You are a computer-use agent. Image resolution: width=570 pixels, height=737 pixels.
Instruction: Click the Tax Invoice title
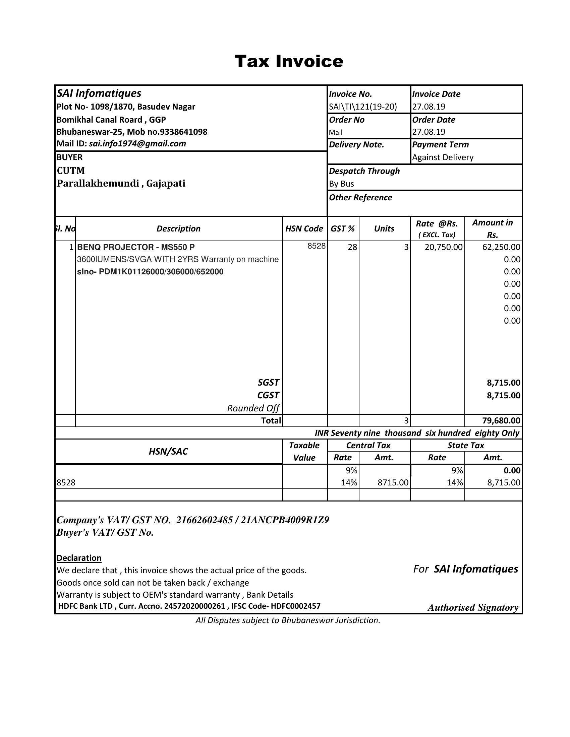coord(289,61)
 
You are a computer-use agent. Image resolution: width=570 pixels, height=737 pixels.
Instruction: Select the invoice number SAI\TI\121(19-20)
coord(363,107)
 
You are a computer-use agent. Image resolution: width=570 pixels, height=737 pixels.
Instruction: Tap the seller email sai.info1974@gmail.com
coord(137,144)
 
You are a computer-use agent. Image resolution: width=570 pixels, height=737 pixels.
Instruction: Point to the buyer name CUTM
coord(71,171)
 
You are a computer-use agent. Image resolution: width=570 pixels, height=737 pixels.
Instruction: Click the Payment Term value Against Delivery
coord(443,157)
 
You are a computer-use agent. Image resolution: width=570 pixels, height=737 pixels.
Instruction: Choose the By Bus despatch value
coord(341,184)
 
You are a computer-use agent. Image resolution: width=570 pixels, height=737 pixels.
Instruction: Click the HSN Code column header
coord(304,229)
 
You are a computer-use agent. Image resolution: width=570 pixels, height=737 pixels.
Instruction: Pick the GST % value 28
coord(352,247)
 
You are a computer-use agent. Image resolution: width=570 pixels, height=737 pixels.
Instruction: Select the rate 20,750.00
coord(443,247)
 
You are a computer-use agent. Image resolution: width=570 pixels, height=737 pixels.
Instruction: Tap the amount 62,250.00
coord(501,247)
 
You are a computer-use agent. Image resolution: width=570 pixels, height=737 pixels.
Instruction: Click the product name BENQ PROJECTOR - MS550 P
coord(136,247)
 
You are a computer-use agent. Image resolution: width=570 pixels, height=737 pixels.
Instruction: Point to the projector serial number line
coord(150,272)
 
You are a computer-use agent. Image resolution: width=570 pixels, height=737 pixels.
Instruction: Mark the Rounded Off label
coord(253,408)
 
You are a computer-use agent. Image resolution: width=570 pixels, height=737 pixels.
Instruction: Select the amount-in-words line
coord(417,433)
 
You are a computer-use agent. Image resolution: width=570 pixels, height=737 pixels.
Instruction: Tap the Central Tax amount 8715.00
coord(393,482)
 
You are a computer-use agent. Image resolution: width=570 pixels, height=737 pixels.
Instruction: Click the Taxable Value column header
coord(304,452)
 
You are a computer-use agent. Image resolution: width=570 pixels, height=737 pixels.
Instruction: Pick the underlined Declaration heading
coord(79,558)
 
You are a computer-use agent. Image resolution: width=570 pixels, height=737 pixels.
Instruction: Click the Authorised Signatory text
coord(473,608)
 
